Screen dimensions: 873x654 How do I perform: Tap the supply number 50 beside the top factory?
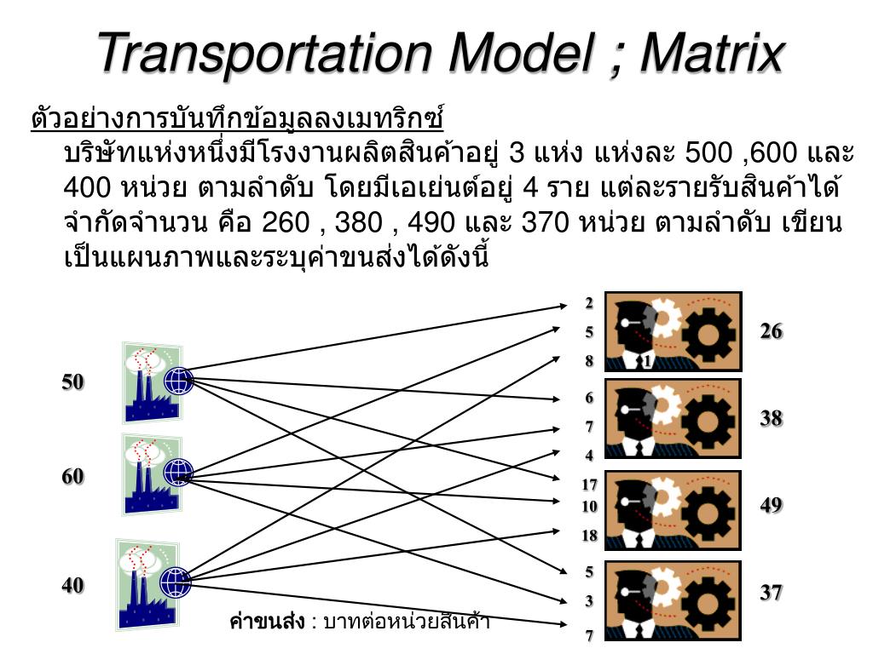pos(72,382)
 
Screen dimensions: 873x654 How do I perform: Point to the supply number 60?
pos(72,477)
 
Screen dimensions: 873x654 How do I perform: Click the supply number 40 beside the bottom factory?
pos(72,586)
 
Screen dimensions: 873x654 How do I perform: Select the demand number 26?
pos(772,331)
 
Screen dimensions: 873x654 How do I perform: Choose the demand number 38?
pos(772,418)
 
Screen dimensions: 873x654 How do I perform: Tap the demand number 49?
pos(772,505)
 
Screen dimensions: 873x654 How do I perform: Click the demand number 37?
pos(772,592)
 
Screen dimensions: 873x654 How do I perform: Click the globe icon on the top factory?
pos(179,380)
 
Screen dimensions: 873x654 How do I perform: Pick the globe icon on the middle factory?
pos(178,473)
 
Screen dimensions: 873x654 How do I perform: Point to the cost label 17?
pos(589,485)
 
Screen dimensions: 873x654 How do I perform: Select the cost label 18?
pos(589,536)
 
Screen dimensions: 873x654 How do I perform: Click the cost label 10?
pos(589,507)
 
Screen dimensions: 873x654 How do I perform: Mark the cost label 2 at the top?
pos(588,302)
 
